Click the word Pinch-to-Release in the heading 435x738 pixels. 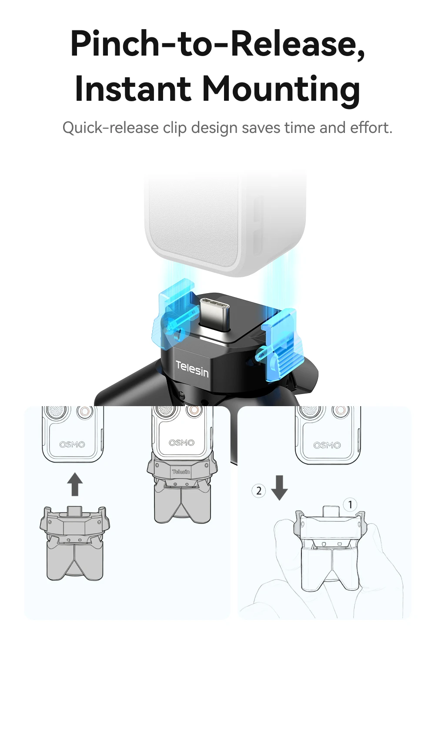[x=217, y=44]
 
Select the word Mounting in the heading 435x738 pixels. [x=281, y=90]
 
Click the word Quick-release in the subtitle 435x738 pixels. [x=110, y=128]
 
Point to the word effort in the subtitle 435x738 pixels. [x=370, y=128]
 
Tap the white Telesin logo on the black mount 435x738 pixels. [x=192, y=368]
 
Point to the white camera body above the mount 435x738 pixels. [x=225, y=224]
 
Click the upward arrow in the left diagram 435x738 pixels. [x=74, y=484]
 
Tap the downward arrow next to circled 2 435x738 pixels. [x=279, y=488]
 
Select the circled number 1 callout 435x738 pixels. [x=350, y=505]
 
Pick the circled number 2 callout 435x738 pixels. [x=258, y=491]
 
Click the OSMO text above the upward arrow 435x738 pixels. [x=72, y=444]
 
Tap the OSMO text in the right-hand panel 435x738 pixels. [x=327, y=445]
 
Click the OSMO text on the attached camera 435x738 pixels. [x=181, y=443]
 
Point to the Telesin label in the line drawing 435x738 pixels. [x=181, y=472]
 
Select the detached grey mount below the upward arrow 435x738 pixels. [x=74, y=543]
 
